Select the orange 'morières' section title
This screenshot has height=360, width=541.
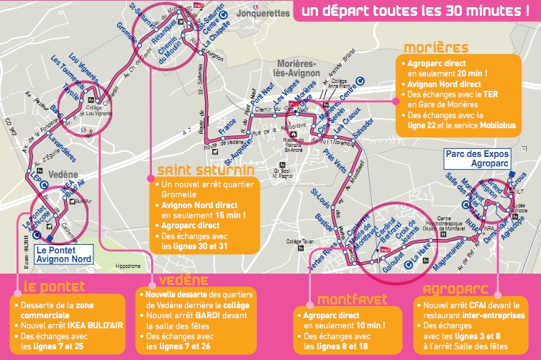coord(436,49)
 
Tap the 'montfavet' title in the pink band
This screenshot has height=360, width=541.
coord(332,298)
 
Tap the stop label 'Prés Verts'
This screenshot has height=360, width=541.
coord(335,160)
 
